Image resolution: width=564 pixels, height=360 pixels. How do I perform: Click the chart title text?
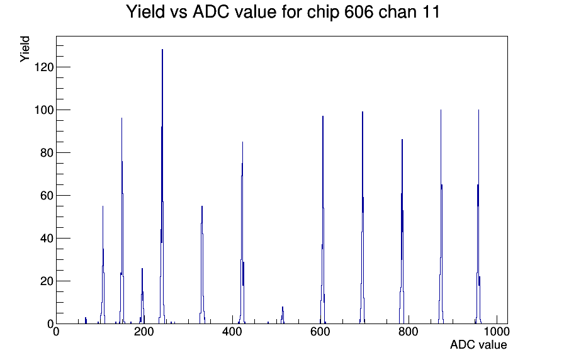coord(283,12)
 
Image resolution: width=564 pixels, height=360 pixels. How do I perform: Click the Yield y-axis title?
coord(25,49)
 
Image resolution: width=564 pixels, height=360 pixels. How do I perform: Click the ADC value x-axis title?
coord(478,344)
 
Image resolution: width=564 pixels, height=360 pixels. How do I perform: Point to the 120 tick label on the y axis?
coord(44,67)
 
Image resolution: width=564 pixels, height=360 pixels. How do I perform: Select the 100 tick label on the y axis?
coord(44,110)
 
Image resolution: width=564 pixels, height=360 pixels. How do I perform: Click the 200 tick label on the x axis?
coord(144,332)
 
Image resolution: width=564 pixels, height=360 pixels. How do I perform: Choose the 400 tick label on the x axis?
coord(232,332)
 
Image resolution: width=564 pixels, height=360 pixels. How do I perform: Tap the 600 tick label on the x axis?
coord(320,332)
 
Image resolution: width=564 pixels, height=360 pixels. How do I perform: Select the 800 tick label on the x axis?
coord(409,332)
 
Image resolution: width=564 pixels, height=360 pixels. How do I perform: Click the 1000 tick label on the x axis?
coord(497,332)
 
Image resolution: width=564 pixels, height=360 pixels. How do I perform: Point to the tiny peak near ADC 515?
coord(283,315)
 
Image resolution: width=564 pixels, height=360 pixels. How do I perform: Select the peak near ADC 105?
coord(103,266)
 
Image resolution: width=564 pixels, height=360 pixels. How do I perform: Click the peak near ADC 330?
coord(202,266)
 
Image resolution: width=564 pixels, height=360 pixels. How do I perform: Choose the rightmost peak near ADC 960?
coord(478,216)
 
